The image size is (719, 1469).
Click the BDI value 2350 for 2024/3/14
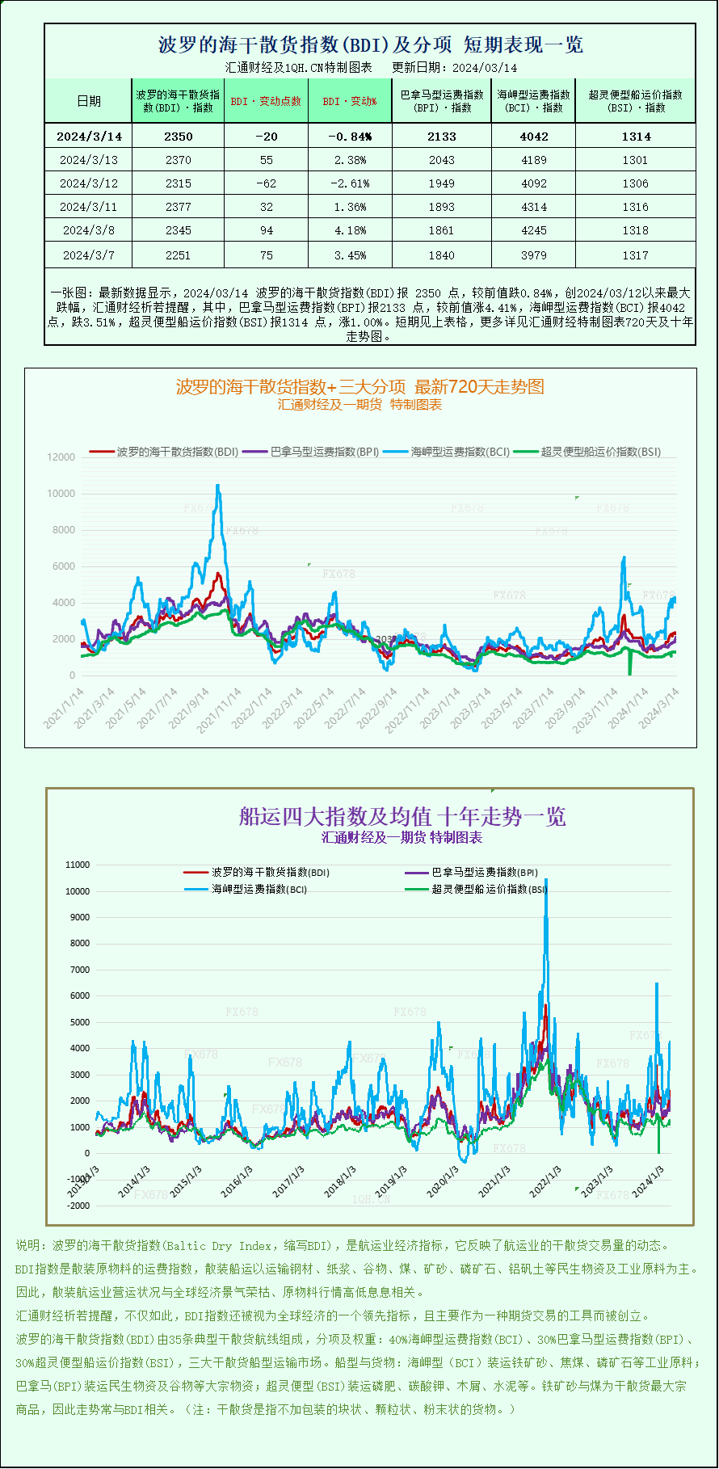179,137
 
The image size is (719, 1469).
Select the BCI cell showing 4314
534,207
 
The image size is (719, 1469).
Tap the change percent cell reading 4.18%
350,230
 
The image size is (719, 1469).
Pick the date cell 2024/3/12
89,183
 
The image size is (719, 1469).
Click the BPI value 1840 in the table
442,255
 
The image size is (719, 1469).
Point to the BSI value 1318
636,230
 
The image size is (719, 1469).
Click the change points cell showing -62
266,183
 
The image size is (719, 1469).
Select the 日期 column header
89,101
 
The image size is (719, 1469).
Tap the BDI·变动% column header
350,101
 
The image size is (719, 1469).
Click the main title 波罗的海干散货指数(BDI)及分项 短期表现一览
371,44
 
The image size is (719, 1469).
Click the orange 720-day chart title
360,387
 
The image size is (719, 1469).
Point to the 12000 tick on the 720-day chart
61,457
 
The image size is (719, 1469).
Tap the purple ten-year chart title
402,816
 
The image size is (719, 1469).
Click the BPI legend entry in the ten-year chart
484,873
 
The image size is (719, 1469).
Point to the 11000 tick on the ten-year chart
78,865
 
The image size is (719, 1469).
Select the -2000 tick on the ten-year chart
78,1206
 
